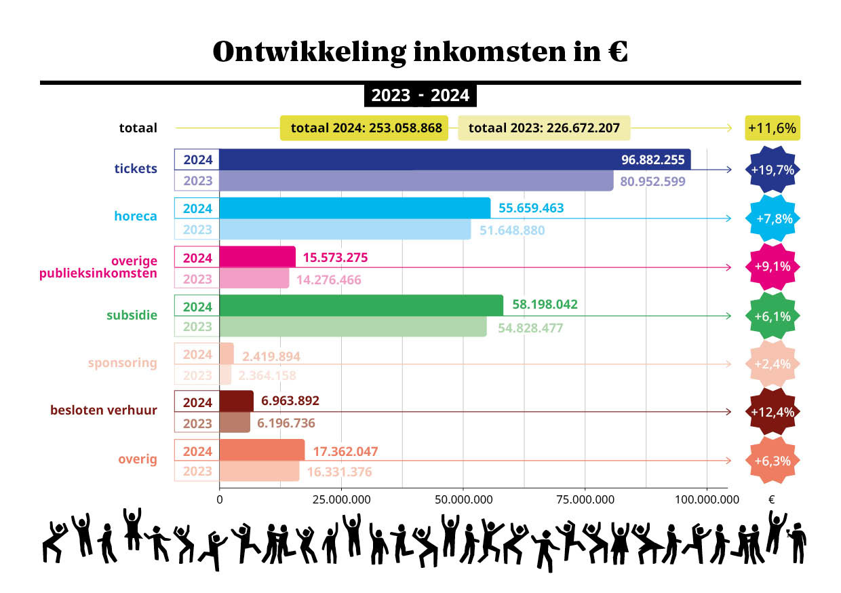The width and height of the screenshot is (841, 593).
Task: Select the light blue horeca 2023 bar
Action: point(345,229)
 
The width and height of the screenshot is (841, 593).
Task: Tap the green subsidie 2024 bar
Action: point(361,305)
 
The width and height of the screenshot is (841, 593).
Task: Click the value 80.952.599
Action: point(652,181)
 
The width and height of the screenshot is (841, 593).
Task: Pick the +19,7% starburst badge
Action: point(772,170)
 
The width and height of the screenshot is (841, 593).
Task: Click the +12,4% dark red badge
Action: point(772,412)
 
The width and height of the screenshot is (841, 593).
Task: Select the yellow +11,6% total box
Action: point(772,128)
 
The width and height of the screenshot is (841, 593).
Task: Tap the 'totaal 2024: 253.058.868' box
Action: point(365,128)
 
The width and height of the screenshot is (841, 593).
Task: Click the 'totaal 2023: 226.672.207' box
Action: point(544,128)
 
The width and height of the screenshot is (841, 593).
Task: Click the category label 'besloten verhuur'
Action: point(104,410)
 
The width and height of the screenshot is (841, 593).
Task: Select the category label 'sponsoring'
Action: point(122,362)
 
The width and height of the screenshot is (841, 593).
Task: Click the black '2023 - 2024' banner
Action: point(420,96)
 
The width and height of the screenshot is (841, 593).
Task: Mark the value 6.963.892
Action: point(288,400)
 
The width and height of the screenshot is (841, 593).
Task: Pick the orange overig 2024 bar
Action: point(262,451)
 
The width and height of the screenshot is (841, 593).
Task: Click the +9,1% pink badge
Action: point(772,267)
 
